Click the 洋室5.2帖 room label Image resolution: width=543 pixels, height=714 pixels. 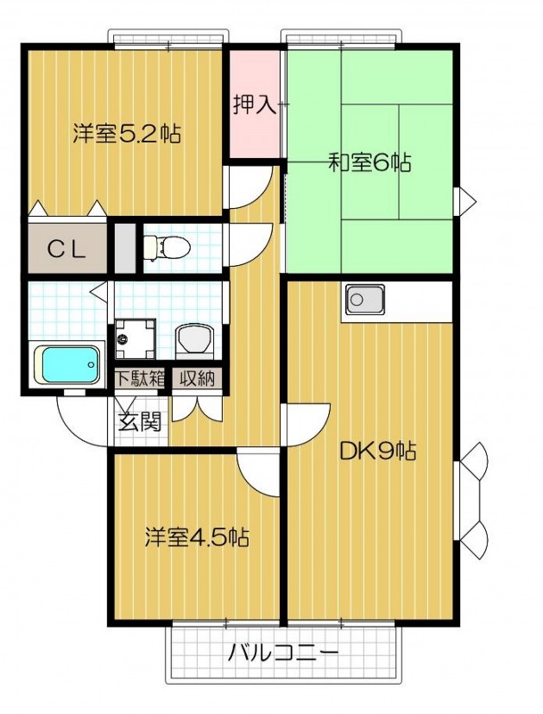[x=127, y=135]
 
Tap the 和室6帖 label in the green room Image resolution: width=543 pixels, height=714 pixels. [x=368, y=163]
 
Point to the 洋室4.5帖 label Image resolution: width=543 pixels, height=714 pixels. [x=197, y=537]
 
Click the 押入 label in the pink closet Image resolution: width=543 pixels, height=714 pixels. [x=255, y=105]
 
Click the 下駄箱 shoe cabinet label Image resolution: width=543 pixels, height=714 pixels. [x=140, y=378]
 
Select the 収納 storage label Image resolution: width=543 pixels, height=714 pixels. [x=197, y=378]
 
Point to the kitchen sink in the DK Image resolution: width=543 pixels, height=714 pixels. [x=363, y=301]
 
